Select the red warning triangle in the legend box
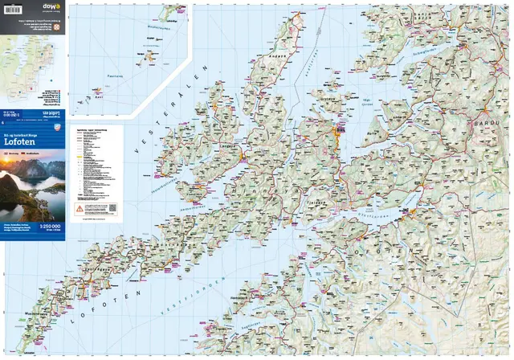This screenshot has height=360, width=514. tap(79, 207)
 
